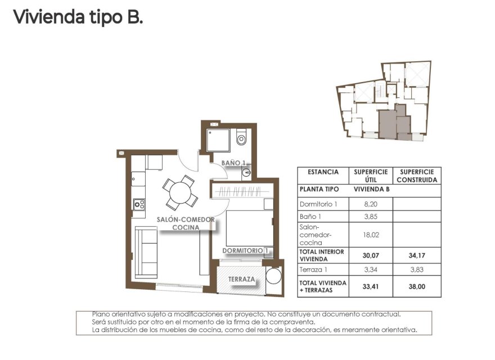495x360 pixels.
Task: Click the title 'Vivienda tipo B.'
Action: click(78, 17)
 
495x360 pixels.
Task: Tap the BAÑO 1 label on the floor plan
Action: click(233, 163)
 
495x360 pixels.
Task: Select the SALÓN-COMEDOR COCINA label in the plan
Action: click(185, 223)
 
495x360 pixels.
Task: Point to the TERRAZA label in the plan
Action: click(242, 280)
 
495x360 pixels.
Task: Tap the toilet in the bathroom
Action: click(242, 137)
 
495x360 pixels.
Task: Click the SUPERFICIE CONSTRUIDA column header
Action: click(417, 176)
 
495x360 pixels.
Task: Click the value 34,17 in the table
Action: click(417, 255)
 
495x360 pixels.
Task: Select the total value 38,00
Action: click(417, 286)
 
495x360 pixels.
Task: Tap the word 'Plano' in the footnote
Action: click(101, 313)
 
